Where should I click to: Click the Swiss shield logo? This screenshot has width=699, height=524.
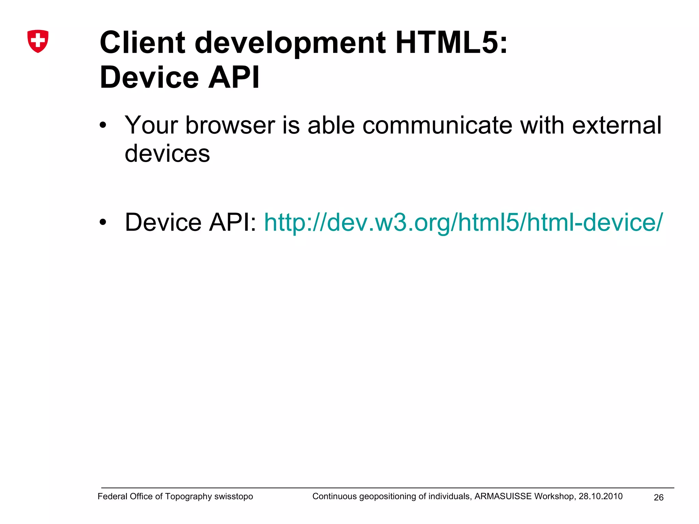tap(38, 41)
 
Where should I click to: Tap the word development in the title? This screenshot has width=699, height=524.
tap(290, 44)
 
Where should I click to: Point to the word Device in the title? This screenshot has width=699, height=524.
tap(149, 78)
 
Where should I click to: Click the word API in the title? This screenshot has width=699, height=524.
tap(234, 78)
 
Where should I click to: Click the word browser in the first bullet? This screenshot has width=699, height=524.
tap(230, 125)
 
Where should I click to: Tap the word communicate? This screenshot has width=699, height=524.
tap(437, 125)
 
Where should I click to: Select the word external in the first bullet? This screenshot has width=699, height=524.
tap(617, 125)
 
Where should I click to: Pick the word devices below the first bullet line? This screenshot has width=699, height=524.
tap(167, 154)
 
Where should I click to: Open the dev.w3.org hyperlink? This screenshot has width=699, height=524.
tap(463, 222)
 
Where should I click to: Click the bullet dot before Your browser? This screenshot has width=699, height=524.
tap(103, 126)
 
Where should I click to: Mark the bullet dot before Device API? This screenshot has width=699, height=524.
tap(103, 223)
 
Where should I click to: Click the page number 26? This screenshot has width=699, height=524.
tap(658, 498)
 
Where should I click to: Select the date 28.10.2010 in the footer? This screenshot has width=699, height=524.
tap(600, 496)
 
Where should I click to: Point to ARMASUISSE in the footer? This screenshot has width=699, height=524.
tap(503, 496)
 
